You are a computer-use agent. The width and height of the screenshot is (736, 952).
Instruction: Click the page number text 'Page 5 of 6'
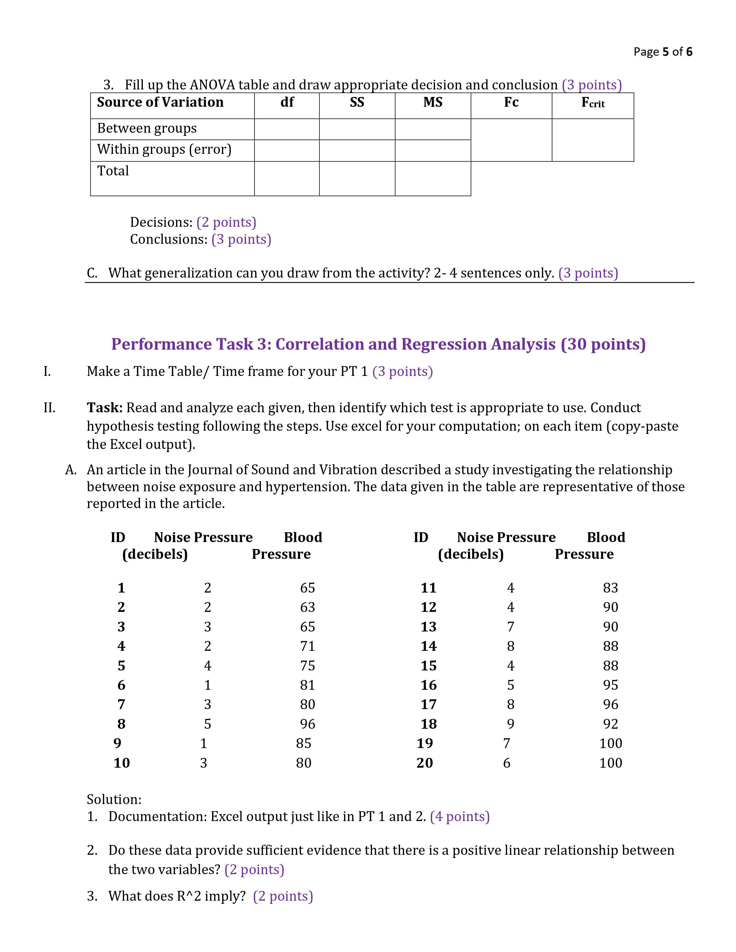(662, 52)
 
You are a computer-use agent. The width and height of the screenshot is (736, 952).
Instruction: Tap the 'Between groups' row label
(147, 128)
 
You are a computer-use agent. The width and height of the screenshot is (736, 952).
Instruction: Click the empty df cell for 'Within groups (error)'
(287, 150)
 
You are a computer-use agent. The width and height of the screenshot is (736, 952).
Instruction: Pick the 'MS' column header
(433, 102)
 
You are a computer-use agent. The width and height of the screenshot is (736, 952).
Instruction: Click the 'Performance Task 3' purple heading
(378, 344)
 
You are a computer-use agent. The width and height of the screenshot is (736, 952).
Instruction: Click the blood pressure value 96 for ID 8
(307, 724)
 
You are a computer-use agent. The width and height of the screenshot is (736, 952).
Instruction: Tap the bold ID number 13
(428, 627)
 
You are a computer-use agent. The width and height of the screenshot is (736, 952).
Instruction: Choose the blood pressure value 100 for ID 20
(610, 763)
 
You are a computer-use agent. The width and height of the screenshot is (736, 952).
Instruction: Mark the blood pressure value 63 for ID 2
(307, 607)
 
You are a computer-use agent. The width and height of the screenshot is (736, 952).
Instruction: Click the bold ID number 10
(122, 763)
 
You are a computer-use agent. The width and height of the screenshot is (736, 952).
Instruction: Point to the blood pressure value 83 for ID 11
(610, 588)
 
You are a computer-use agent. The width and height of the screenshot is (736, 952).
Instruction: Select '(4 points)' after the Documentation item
(459, 816)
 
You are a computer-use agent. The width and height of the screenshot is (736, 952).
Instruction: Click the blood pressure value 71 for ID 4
(307, 646)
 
